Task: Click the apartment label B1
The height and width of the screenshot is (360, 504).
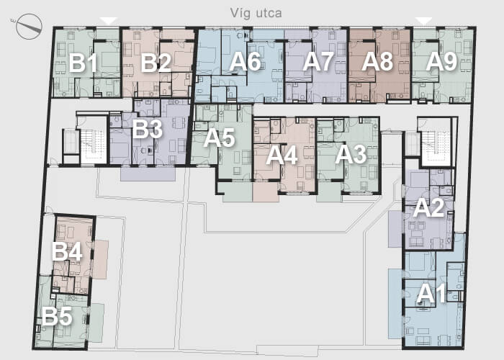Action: click(x=83, y=63)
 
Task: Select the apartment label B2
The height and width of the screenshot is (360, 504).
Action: click(x=156, y=63)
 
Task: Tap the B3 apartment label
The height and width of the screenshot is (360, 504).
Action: click(x=147, y=129)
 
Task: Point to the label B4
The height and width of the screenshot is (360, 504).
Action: click(x=67, y=251)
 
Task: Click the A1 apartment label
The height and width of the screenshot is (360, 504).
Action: click(x=432, y=294)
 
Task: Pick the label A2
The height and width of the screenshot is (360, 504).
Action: click(x=428, y=208)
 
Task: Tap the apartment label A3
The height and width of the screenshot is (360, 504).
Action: click(x=351, y=154)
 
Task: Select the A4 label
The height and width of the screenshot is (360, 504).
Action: click(x=282, y=156)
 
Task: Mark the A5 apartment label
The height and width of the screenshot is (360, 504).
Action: click(x=219, y=138)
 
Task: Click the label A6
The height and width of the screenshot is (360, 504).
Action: click(x=245, y=61)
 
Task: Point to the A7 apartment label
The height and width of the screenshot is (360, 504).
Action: click(x=318, y=61)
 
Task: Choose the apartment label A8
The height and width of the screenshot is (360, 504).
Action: click(x=377, y=61)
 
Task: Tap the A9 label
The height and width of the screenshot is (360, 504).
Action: click(x=441, y=61)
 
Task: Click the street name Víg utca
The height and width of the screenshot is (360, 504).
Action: click(x=256, y=13)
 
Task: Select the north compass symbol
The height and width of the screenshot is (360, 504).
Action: click(x=29, y=27)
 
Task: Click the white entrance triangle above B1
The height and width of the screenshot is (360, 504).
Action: click(x=109, y=21)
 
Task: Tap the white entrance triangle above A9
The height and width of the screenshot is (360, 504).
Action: click(x=424, y=21)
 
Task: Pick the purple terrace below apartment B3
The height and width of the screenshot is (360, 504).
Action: click(x=148, y=174)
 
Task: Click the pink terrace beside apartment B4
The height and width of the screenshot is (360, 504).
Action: click(x=100, y=259)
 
